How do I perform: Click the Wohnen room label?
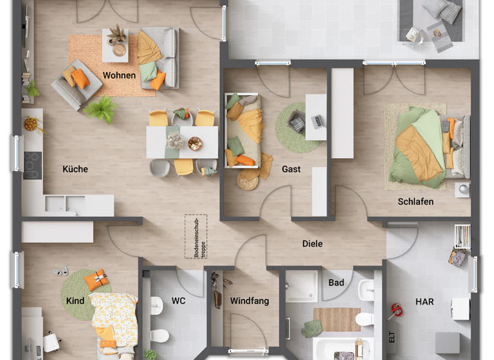(x=119, y=75)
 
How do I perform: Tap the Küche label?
(x=75, y=169)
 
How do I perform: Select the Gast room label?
(x=291, y=170)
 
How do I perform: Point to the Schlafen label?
(x=416, y=201)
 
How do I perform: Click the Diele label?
(x=313, y=244)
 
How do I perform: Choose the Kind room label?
(x=75, y=300)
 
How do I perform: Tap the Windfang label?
(x=250, y=300)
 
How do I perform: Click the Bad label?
(x=336, y=282)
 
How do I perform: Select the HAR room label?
(x=425, y=301)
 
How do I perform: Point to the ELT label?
(x=391, y=337)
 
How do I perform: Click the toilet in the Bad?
(x=365, y=318)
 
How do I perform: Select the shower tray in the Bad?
(x=302, y=287)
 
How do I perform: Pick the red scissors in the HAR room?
(x=396, y=311)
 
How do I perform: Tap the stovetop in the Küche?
(x=32, y=165)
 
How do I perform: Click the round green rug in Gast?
(x=298, y=127)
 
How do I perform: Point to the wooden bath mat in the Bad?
(x=336, y=319)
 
